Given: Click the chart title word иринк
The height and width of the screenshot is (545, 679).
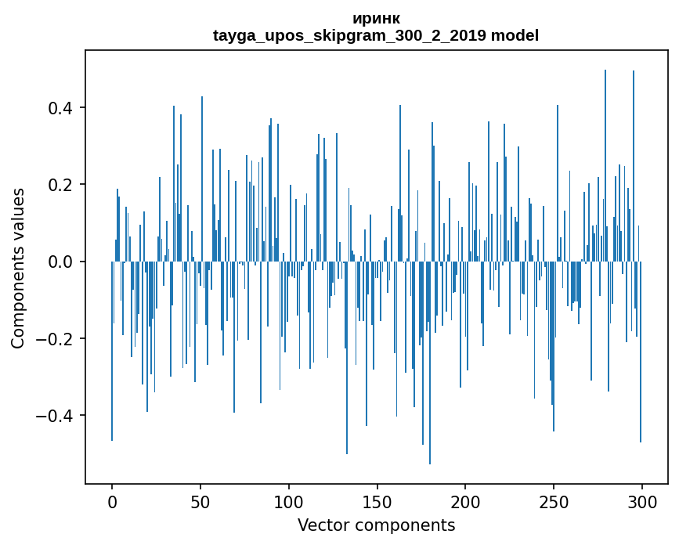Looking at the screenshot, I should point(376,19).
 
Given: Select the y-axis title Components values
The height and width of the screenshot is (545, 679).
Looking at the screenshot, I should point(18,267).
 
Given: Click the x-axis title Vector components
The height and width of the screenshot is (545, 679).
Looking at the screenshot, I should point(376,525).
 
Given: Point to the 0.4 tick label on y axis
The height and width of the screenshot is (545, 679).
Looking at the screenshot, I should point(62,107).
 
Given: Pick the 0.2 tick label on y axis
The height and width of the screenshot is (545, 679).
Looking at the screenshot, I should point(62,185).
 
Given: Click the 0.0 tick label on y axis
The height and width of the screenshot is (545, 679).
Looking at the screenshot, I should point(62,262).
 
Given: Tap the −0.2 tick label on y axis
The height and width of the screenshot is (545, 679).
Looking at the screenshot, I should point(57,338).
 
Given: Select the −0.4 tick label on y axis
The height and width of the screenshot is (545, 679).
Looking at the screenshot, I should point(57,415).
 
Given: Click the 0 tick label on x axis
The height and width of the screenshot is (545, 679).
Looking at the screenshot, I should point(112,502).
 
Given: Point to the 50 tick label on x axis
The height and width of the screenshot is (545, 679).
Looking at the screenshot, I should point(200,502).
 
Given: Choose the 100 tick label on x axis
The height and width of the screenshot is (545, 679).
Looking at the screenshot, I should point(289,502).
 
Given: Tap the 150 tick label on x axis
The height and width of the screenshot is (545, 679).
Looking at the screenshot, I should point(377,502).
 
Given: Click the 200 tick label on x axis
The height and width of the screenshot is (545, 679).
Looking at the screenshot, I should point(465,502).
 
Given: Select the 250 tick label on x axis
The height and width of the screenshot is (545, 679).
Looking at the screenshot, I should point(554,502).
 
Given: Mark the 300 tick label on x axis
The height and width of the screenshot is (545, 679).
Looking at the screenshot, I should point(642,502).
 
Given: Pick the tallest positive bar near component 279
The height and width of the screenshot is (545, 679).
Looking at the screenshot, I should point(605,157).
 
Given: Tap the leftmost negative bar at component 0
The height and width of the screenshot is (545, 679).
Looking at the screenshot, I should point(112,352).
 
